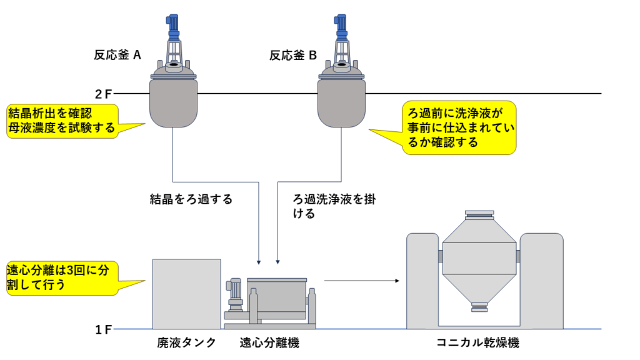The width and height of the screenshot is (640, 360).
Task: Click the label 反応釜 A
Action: (x=117, y=55)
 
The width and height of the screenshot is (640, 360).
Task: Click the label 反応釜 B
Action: (x=293, y=55)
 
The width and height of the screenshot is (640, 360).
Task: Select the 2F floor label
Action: (x=103, y=94)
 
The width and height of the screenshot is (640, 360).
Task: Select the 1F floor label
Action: (x=103, y=329)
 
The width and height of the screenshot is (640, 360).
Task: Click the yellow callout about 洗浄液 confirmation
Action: (x=458, y=127)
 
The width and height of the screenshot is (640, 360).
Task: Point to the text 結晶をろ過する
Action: (x=191, y=199)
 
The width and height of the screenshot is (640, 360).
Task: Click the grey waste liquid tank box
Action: (x=186, y=293)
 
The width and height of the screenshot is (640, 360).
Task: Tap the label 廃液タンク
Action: (x=186, y=342)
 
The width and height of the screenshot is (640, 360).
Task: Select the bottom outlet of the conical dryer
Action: (x=479, y=306)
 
